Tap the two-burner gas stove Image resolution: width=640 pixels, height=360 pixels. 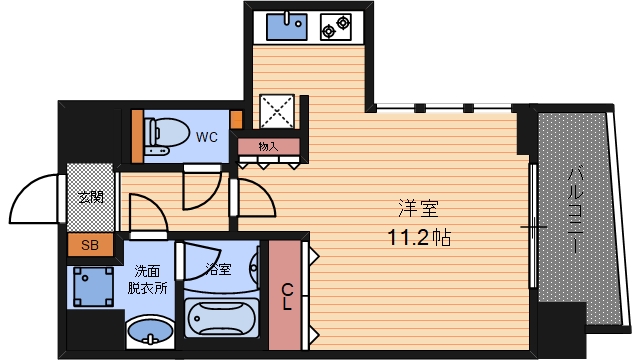(337, 26)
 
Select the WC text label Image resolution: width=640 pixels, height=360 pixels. (207, 136)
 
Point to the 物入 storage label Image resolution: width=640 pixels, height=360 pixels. (268, 147)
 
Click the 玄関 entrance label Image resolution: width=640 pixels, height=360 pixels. (91, 197)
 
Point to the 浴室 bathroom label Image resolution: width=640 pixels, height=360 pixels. (219, 269)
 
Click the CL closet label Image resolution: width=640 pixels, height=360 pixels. (287, 297)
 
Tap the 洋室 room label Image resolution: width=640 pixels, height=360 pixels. (419, 210)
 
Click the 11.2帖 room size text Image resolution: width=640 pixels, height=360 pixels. (419, 239)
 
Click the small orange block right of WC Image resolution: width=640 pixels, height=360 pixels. (237, 121)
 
